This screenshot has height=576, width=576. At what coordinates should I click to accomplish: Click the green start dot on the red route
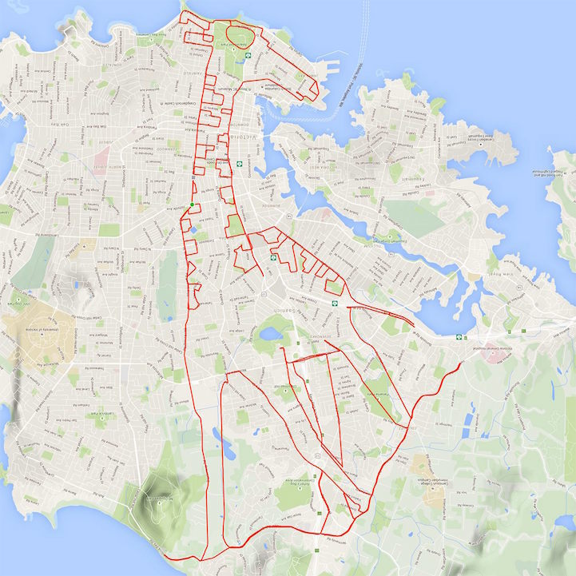coord(193,205)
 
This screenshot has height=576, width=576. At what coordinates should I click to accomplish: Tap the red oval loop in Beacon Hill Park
coord(243,35)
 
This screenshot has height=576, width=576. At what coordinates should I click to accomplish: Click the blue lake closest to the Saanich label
coord(274,328)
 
